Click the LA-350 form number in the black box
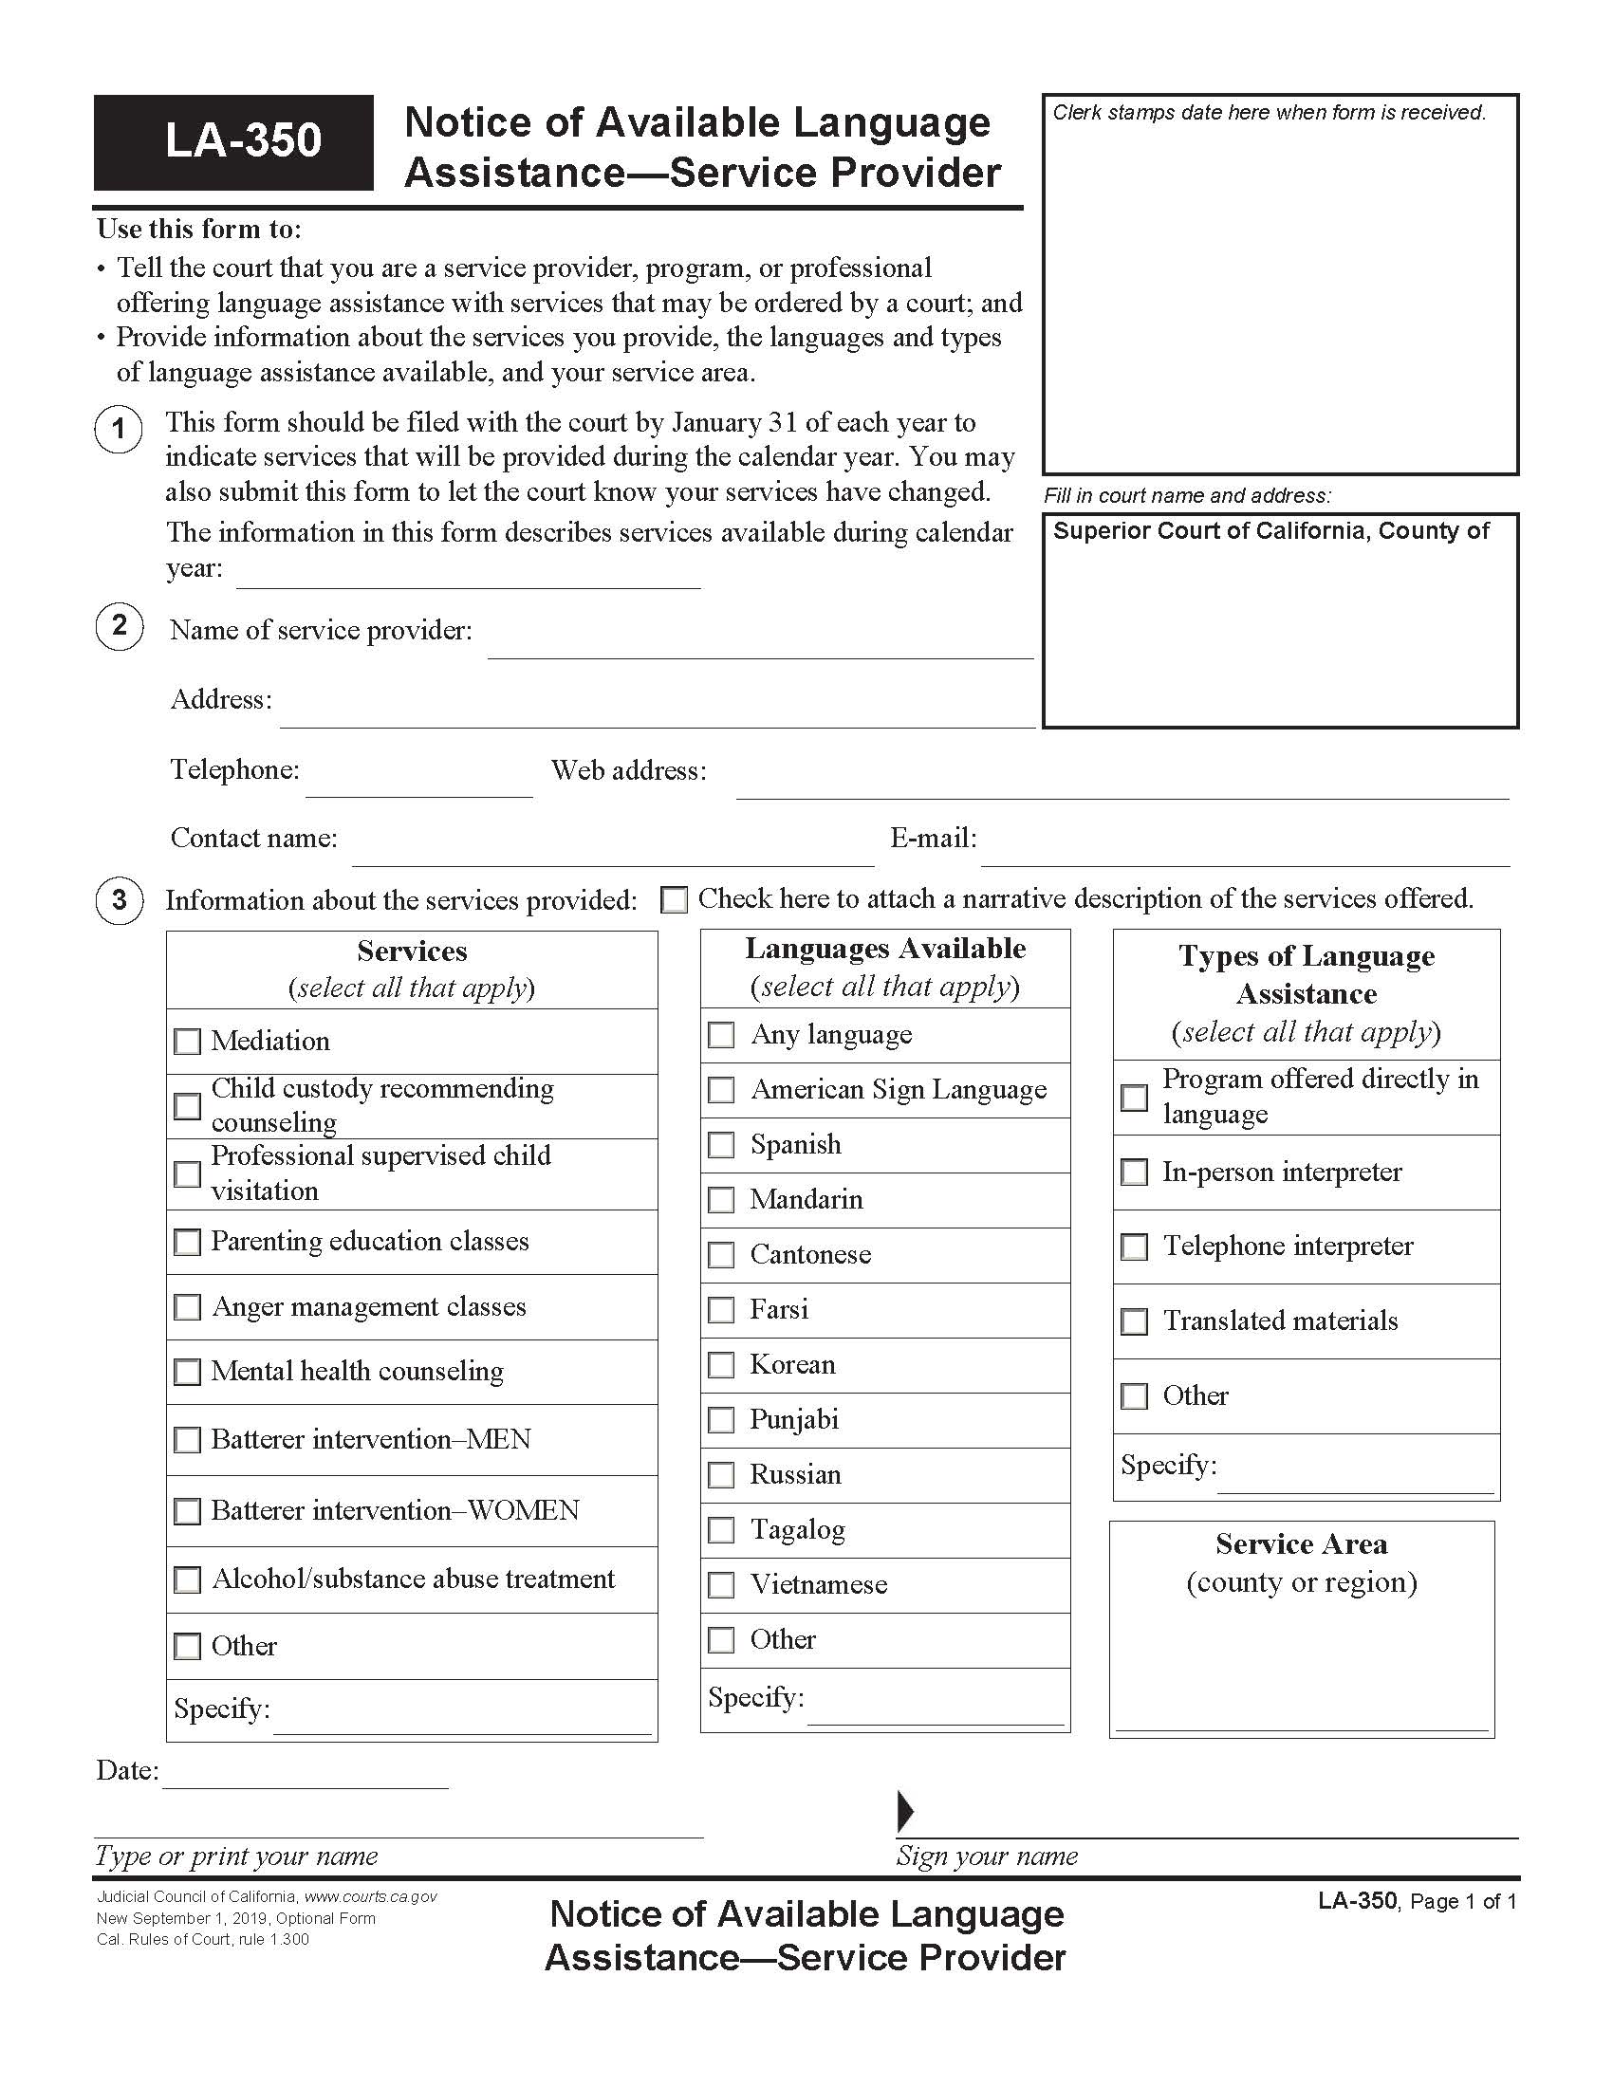[x=243, y=140]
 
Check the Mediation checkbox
[x=187, y=1041]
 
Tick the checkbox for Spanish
[x=721, y=1145]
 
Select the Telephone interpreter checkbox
[x=1134, y=1247]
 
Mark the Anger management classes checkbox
[x=187, y=1306]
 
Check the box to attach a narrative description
[x=674, y=899]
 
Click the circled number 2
[x=120, y=627]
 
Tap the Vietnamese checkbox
[x=721, y=1585]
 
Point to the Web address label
[x=629, y=770]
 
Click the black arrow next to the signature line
[x=905, y=1810]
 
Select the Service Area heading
[x=1302, y=1543]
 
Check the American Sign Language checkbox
[x=721, y=1090]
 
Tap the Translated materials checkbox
[x=1134, y=1321]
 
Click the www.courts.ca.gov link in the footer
[x=371, y=1897]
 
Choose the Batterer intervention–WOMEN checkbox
[x=187, y=1511]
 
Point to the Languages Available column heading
[x=885, y=948]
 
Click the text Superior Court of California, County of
[x=1270, y=531]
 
